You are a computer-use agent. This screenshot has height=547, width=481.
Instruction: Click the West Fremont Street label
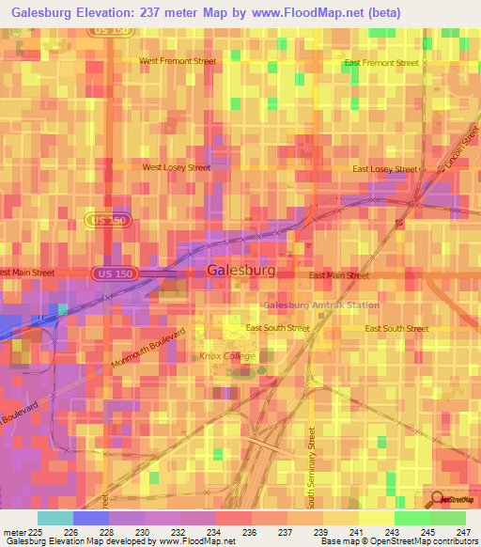click(x=178, y=61)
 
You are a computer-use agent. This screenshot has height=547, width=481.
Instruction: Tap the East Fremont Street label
click(x=381, y=63)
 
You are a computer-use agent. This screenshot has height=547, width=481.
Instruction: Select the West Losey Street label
click(x=177, y=167)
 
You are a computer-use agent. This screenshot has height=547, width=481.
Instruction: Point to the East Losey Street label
click(x=385, y=169)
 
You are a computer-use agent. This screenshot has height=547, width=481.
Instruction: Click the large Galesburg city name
click(x=240, y=271)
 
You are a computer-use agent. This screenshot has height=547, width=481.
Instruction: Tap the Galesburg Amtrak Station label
click(x=321, y=305)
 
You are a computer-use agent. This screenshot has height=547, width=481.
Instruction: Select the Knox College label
click(x=226, y=355)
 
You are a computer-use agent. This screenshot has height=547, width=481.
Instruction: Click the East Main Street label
click(x=339, y=275)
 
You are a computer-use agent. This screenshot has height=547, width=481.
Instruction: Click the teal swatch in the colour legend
click(x=55, y=518)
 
